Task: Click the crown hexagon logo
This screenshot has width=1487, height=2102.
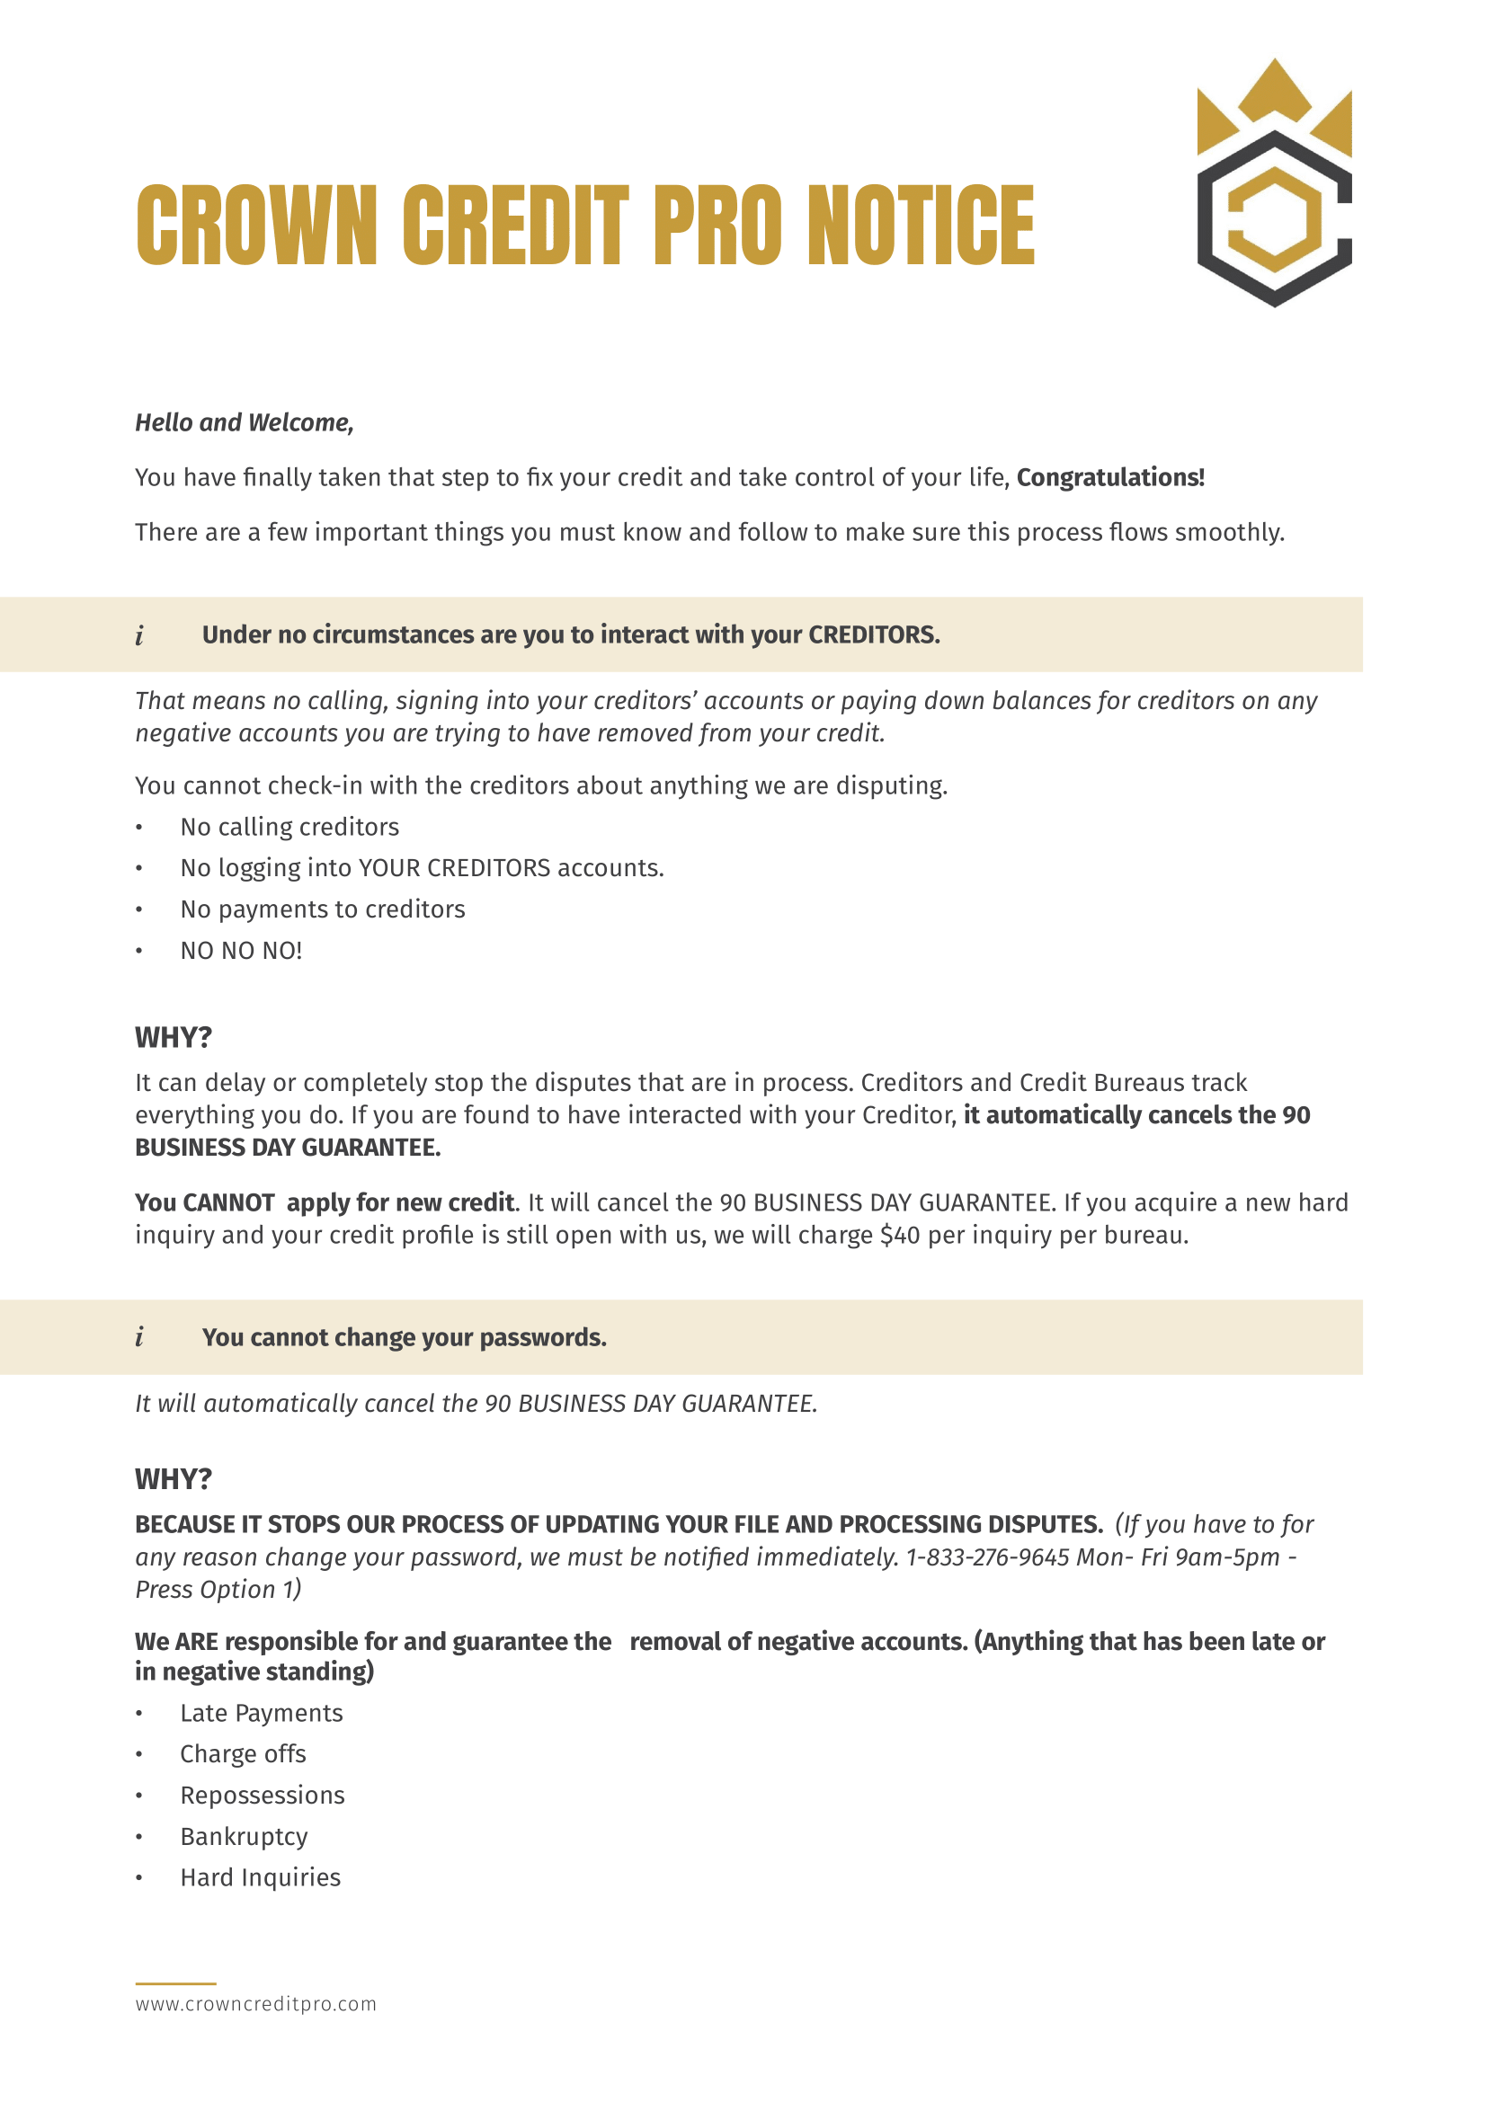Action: [x=1274, y=183]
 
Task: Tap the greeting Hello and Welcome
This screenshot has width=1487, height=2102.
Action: [x=245, y=423]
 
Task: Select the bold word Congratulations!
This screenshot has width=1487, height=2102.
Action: [x=1109, y=478]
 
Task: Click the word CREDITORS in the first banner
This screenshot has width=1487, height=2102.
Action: [x=873, y=635]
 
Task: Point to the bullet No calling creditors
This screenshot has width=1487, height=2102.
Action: [x=289, y=828]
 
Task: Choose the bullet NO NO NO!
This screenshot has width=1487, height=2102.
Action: [x=241, y=951]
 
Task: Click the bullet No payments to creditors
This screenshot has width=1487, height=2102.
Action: [x=323, y=910]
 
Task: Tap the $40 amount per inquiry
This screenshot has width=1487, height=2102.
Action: [x=899, y=1236]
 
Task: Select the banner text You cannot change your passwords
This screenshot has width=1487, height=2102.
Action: [x=404, y=1337]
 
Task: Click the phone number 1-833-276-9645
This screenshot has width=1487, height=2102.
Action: [x=987, y=1557]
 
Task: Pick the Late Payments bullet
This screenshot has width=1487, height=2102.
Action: [x=261, y=1714]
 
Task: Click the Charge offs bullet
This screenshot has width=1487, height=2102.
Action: [x=243, y=1754]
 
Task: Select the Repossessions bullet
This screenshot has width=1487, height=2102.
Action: [x=262, y=1796]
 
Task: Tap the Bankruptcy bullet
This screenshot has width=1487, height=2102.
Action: [x=244, y=1837]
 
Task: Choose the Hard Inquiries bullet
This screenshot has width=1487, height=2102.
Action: [x=260, y=1877]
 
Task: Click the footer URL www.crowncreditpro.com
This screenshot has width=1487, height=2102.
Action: [x=255, y=2004]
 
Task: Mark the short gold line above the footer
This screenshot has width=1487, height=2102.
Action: [x=176, y=1983]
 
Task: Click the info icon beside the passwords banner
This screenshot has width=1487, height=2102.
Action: [x=139, y=1337]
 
